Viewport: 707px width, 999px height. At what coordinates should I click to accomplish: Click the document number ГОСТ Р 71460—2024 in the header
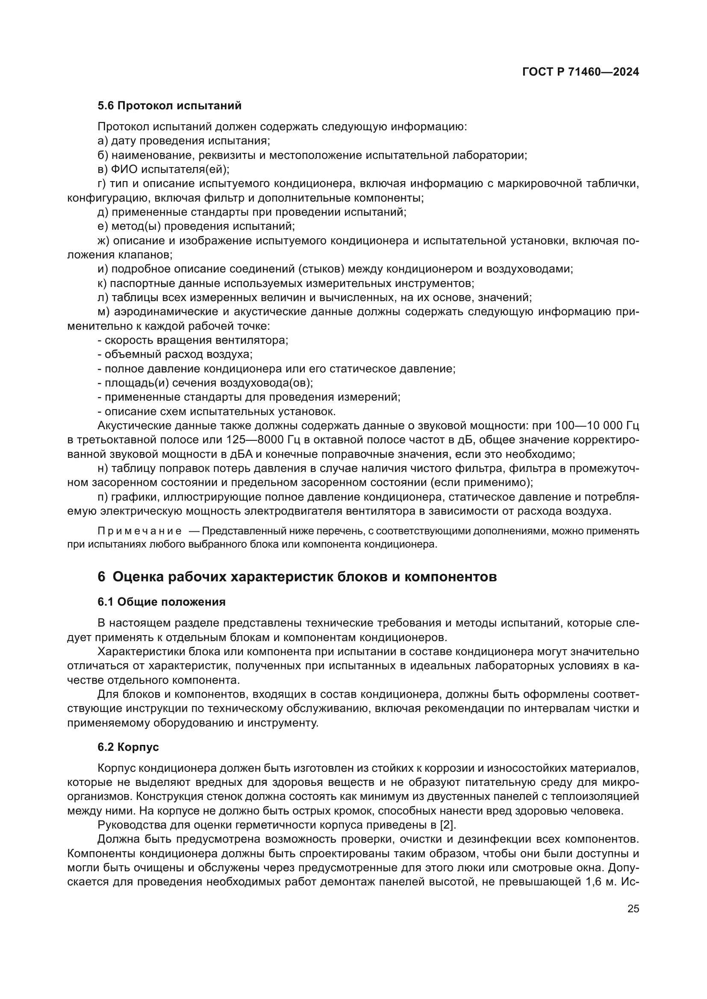(x=580, y=72)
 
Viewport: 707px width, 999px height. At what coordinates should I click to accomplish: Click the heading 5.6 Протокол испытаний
(x=169, y=106)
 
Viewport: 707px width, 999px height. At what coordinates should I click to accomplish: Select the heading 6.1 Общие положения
(x=162, y=602)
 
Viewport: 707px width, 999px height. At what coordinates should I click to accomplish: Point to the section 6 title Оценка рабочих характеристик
(x=297, y=577)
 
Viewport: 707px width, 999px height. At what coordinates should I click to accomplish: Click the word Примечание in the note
(x=139, y=531)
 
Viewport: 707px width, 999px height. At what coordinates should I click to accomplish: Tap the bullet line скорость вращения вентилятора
(x=193, y=340)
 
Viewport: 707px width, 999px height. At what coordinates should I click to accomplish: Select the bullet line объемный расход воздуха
(x=175, y=354)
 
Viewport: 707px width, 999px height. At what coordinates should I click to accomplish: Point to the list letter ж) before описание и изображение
(x=103, y=240)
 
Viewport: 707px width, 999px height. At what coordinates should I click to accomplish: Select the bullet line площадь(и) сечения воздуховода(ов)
(x=205, y=383)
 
